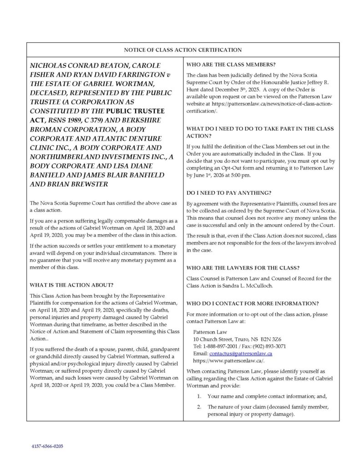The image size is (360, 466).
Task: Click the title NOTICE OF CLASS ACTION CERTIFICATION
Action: (x=180, y=49)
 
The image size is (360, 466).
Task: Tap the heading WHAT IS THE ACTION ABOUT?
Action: (x=71, y=285)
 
